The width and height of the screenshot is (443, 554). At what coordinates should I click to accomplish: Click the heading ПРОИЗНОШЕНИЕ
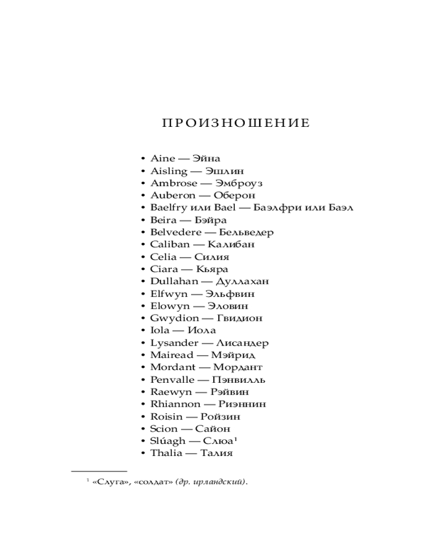[236, 123]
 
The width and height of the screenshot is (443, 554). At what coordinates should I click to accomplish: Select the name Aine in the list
[162, 159]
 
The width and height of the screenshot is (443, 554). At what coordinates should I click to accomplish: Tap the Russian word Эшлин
[224, 171]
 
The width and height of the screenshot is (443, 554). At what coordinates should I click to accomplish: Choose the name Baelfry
[169, 208]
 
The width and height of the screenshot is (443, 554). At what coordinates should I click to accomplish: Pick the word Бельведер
[246, 233]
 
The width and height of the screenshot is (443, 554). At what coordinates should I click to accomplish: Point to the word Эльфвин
[230, 294]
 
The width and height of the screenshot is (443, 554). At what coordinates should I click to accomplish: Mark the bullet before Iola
[144, 331]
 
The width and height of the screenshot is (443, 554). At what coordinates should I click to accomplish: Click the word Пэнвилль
[240, 379]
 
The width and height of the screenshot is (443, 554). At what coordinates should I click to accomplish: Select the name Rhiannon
[176, 404]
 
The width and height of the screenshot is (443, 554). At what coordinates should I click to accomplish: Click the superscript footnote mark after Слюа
[235, 439]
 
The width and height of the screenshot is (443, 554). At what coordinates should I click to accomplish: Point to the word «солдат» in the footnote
[152, 483]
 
